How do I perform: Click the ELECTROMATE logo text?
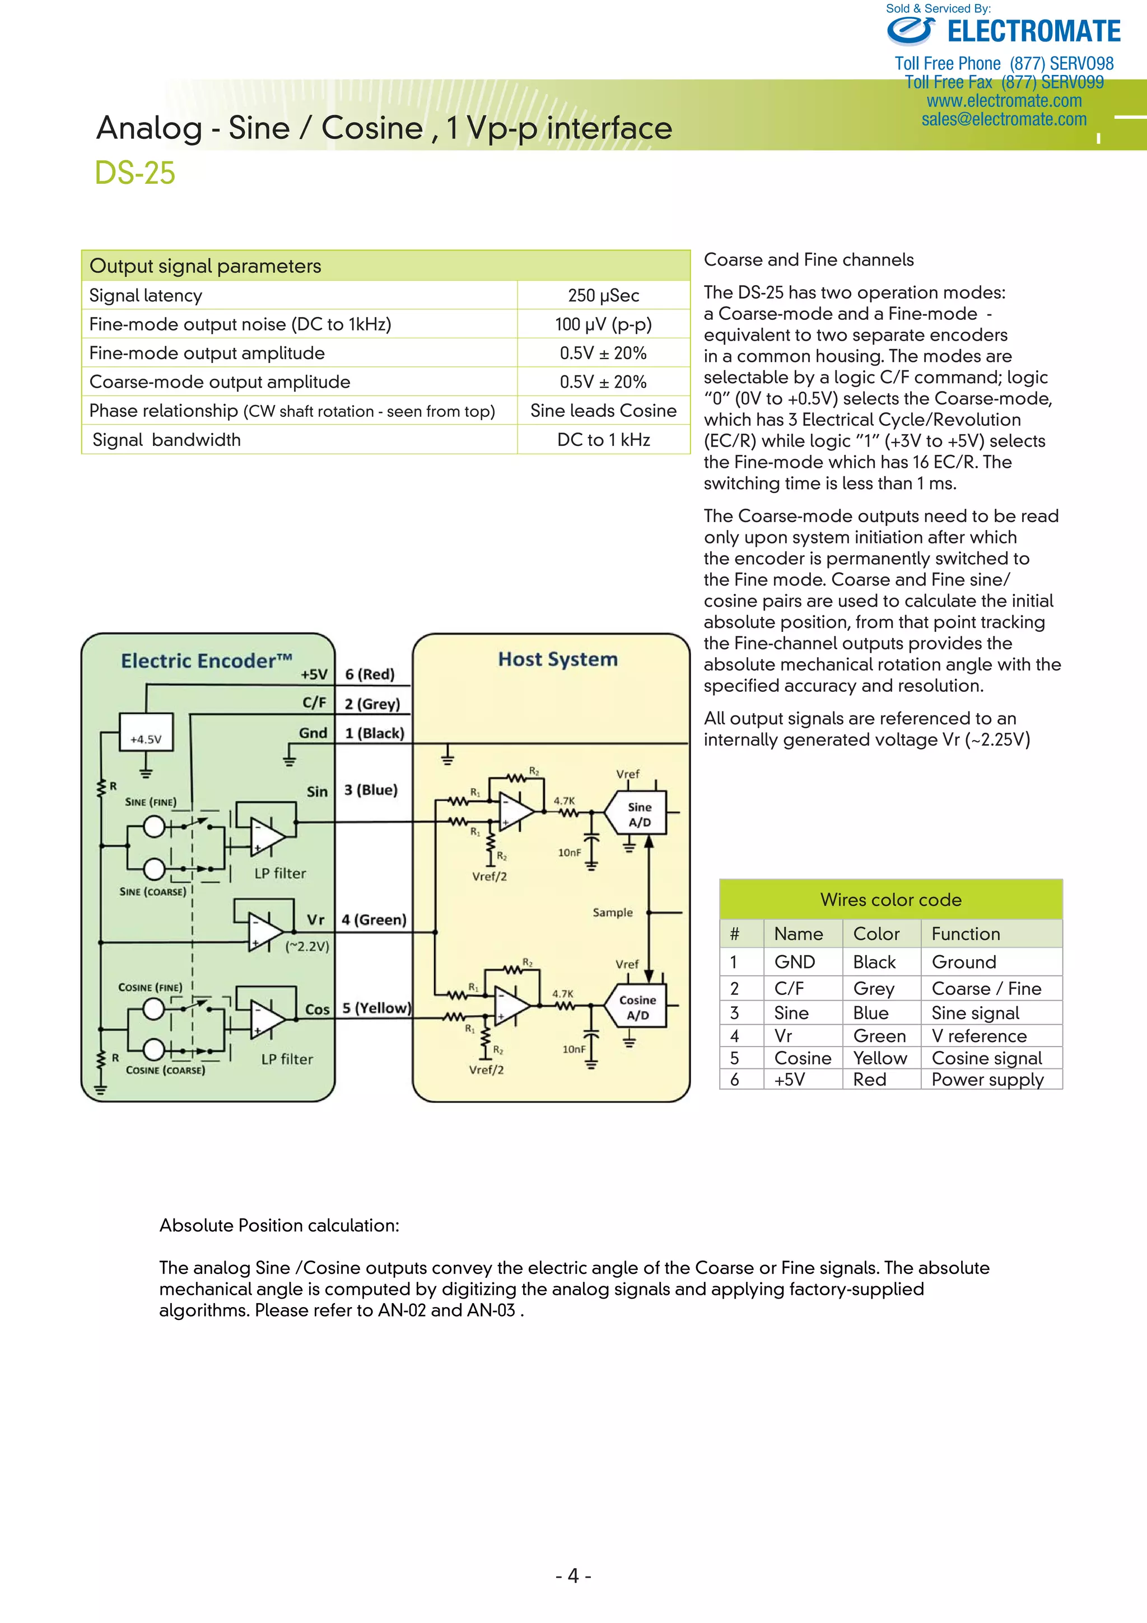1033,32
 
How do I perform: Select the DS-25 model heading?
135,173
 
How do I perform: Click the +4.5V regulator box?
146,740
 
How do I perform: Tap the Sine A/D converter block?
640,815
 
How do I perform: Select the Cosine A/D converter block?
637,1007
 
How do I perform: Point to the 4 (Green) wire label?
374,920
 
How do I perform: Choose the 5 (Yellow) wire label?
376,1008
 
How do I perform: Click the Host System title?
558,659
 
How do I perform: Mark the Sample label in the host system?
613,913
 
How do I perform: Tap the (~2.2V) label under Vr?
307,946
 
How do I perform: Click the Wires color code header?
890,900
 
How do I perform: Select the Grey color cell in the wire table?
874,988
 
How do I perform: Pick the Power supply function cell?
987,1080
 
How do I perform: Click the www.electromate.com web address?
1004,101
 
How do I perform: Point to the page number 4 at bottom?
573,1575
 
